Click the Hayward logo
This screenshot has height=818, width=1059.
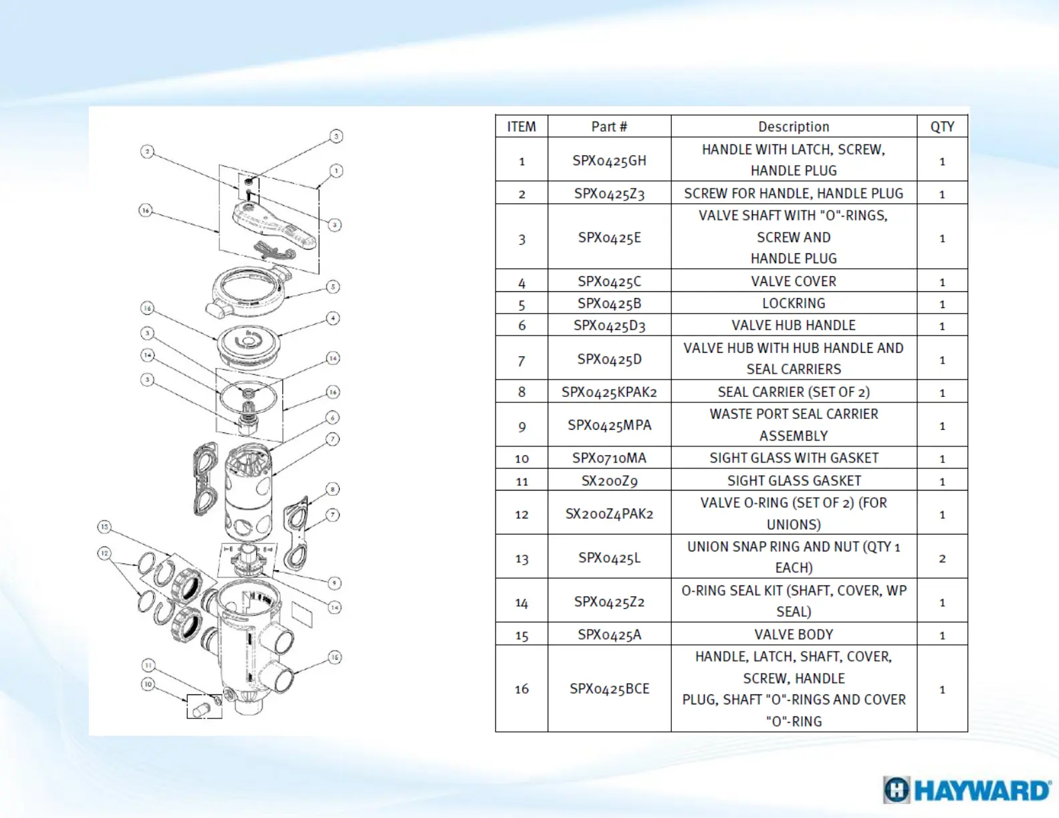(x=966, y=790)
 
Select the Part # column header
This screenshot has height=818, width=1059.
(x=609, y=126)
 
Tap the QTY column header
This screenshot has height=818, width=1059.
(x=942, y=126)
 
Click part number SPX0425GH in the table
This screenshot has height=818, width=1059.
(x=609, y=160)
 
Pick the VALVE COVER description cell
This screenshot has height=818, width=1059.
(x=794, y=281)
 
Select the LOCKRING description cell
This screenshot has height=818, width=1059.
(x=794, y=303)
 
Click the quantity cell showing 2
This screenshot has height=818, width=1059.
(x=942, y=558)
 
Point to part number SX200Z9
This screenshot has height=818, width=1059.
(x=609, y=481)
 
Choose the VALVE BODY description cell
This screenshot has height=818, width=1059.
(x=794, y=634)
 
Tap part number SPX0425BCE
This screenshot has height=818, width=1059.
(x=609, y=688)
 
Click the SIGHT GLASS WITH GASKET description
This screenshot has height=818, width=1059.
(x=794, y=458)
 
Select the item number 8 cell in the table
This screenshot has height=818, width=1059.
(x=521, y=392)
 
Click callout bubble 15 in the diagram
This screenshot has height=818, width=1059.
(x=334, y=657)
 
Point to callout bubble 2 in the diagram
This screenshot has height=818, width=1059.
(x=147, y=152)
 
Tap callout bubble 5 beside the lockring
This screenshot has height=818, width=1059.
(x=333, y=287)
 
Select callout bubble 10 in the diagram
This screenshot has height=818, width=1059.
(x=148, y=684)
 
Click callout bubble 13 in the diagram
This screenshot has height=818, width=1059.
(x=104, y=527)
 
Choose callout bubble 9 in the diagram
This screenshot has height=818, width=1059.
(x=334, y=583)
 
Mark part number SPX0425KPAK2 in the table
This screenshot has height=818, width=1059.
(x=609, y=392)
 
